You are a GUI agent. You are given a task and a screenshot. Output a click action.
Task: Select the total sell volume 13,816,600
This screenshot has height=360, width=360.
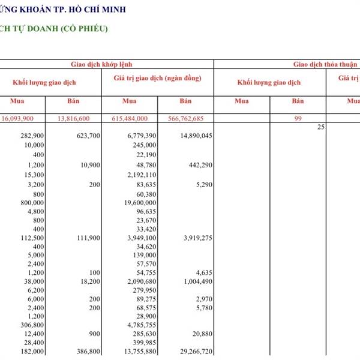[73, 119]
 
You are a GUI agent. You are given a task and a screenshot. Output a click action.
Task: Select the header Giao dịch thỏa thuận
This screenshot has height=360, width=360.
[325, 64]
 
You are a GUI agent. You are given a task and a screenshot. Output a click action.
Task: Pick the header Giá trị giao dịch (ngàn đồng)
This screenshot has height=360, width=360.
[157, 79]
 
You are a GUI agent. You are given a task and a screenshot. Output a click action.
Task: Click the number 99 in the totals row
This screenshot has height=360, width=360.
[298, 119]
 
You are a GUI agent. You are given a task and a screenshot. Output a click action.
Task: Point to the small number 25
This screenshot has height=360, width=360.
[320, 127]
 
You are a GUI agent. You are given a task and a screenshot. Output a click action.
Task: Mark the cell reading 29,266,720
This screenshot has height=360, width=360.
[191, 352]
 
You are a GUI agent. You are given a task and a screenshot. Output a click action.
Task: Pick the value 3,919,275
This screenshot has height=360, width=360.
[193, 238]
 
